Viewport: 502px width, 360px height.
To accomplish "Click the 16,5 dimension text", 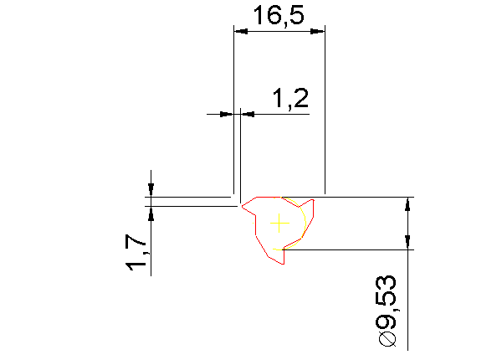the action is tap(279, 15).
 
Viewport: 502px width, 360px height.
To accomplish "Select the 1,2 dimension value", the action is tap(290, 98).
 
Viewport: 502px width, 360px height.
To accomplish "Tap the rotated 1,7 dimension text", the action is tap(136, 253).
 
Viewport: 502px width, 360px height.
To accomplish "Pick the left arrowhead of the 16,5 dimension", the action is tap(241, 31).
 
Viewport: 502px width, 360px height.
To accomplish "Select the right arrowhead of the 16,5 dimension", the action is tap(318, 31).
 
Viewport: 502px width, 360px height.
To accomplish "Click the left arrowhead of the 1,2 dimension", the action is tap(227, 114).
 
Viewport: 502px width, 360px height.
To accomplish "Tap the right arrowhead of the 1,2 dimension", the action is tap(248, 114).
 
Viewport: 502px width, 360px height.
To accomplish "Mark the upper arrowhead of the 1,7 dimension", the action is tap(151, 190).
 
